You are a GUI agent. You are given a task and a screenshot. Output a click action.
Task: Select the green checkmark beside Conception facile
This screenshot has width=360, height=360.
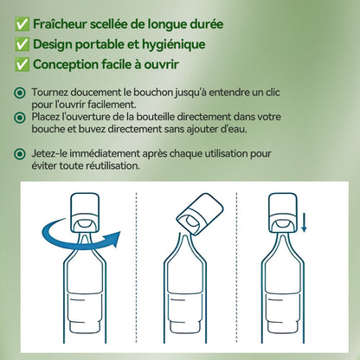(x=20, y=63)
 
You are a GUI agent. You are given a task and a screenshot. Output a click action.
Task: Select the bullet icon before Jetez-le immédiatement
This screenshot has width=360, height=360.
(x=20, y=152)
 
